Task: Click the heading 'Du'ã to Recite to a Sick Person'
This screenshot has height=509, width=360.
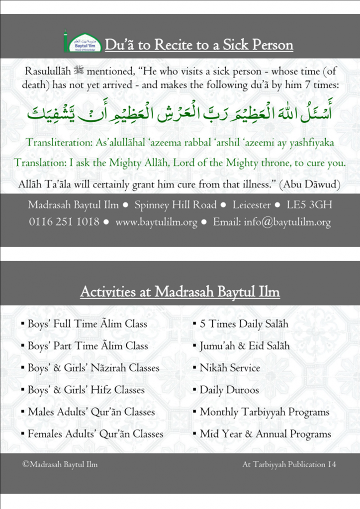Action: point(199,45)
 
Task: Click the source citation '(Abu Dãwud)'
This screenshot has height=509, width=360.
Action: point(309,184)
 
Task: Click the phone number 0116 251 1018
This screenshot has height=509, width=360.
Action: point(64,222)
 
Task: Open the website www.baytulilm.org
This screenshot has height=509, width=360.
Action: point(156,223)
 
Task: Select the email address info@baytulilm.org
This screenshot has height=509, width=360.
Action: point(287,223)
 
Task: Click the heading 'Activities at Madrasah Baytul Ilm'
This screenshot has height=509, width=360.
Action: point(180,292)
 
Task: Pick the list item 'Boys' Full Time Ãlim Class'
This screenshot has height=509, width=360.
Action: point(88,324)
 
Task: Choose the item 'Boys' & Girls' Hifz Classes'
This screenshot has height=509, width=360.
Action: point(86,390)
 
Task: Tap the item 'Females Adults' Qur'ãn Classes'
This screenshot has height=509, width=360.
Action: point(95,434)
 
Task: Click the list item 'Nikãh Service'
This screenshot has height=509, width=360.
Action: point(230,368)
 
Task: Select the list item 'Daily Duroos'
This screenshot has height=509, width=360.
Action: point(229,390)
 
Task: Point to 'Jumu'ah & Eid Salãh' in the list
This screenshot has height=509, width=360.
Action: point(244,346)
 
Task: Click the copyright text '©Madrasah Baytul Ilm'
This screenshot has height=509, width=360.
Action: point(60,464)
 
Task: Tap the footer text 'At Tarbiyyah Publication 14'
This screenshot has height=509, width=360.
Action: point(289,464)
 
